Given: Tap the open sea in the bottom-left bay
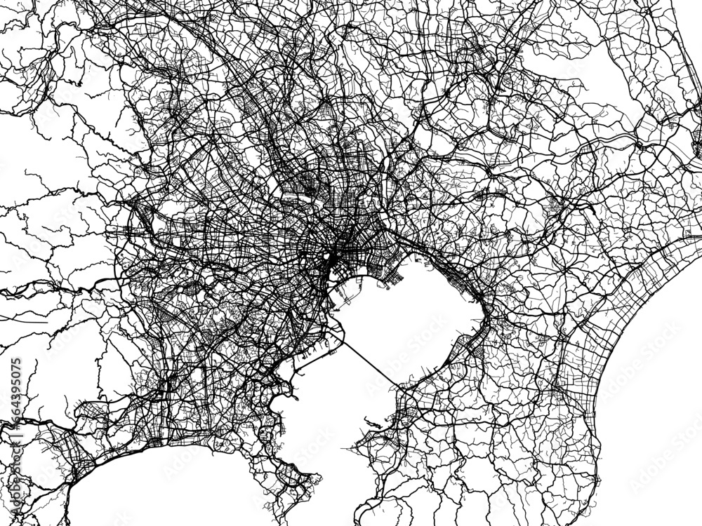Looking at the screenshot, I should tap(175, 491).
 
